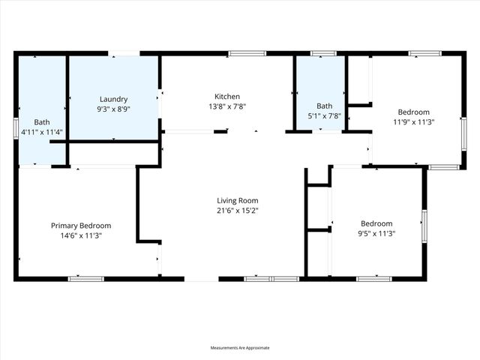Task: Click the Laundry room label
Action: [x=114, y=99]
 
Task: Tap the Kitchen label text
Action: [x=227, y=97]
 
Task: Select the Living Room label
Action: [x=238, y=200]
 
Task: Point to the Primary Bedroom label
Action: [x=81, y=226]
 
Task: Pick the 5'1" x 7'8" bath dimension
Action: [x=324, y=115]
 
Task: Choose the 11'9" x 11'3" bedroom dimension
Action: [x=414, y=121]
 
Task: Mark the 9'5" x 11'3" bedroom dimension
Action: [x=376, y=233]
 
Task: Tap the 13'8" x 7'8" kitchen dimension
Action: [x=227, y=106]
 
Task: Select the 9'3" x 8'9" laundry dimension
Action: [x=114, y=109]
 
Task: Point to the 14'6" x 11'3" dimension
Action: [x=81, y=235]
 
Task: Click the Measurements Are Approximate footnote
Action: [x=240, y=348]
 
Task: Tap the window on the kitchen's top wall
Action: [x=247, y=53]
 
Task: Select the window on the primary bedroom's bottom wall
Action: [x=85, y=279]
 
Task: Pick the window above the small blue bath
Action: [x=323, y=53]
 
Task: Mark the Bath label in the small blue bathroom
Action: [x=324, y=106]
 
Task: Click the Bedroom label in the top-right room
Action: [x=414, y=112]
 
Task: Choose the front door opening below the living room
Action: [x=201, y=279]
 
